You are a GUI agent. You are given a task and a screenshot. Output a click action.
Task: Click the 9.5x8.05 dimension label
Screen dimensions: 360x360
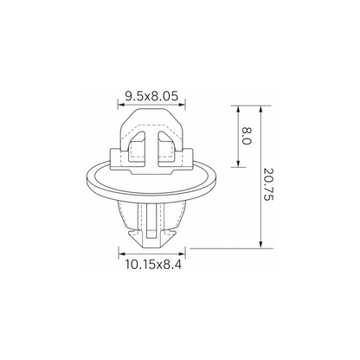[x=151, y=96]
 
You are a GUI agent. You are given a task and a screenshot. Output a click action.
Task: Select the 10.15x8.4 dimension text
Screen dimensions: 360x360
[x=153, y=264]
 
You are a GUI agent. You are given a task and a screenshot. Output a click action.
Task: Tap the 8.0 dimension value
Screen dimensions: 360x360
[x=247, y=136]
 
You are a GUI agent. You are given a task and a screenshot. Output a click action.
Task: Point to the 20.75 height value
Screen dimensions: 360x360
[x=268, y=184]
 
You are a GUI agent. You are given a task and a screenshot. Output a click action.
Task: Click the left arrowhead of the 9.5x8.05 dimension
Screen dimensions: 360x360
[x=121, y=105]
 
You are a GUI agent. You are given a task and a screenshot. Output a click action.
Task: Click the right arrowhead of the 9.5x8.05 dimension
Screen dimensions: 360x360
[x=182, y=105]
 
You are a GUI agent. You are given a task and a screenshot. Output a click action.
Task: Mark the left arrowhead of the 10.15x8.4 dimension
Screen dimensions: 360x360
[x=122, y=254]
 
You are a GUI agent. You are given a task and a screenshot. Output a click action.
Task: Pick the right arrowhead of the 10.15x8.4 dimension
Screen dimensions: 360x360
[x=182, y=254]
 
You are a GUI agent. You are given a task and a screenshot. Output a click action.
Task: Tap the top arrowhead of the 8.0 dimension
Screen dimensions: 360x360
[x=238, y=109]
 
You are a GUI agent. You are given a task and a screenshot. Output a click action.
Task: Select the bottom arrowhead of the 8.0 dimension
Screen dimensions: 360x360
[x=238, y=164]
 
